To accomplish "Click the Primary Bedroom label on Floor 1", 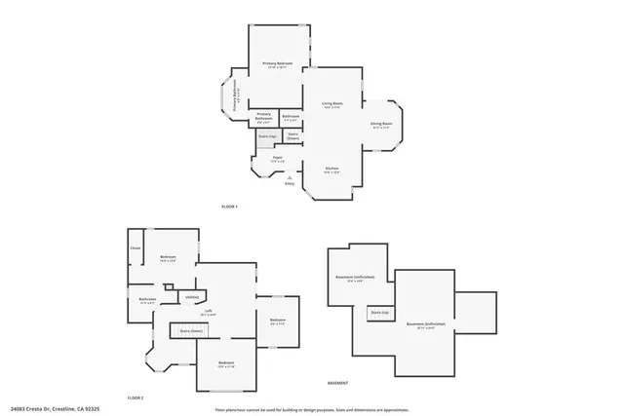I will [x=278, y=64].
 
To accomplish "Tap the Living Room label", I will [x=332, y=103].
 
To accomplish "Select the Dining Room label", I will [x=380, y=124].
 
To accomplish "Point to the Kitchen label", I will [x=331, y=169].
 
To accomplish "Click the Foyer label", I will [x=277, y=159].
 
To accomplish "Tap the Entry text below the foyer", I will [x=290, y=183].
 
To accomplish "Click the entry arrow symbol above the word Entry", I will [x=290, y=176].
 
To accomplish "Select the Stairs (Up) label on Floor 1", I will [x=266, y=136].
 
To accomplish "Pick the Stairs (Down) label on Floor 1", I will [x=292, y=136].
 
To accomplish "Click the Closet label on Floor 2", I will [x=136, y=247].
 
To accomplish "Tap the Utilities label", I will [x=192, y=296].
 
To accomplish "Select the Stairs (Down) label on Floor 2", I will [x=190, y=331].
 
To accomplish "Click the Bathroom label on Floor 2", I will [x=147, y=300].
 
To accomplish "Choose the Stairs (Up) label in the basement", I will [x=378, y=312].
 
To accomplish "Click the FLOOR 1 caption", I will [x=229, y=207].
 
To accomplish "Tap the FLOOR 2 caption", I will [x=136, y=398].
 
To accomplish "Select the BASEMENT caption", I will [x=336, y=383].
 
